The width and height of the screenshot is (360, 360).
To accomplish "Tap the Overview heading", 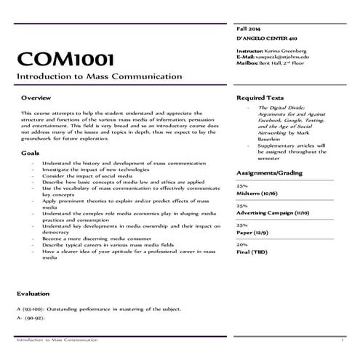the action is (36, 97).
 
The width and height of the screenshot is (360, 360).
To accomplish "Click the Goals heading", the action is (30, 153).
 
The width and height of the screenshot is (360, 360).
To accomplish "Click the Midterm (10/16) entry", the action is (257, 193).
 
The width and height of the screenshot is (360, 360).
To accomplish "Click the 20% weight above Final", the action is (242, 245).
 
